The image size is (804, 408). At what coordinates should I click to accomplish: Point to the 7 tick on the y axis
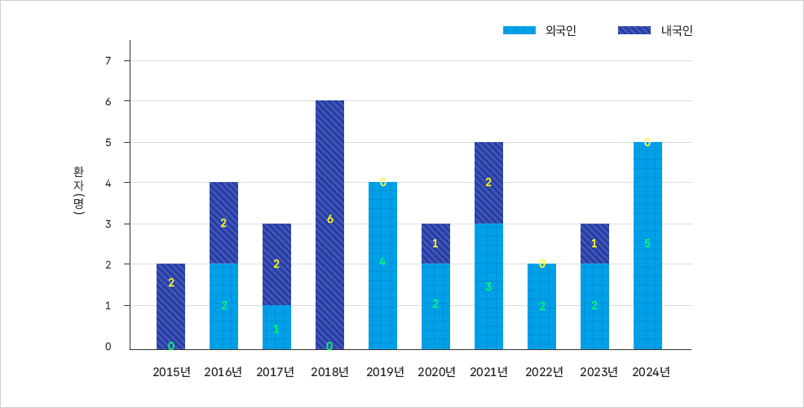[108, 61]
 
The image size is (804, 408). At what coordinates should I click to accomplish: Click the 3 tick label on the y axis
[108, 224]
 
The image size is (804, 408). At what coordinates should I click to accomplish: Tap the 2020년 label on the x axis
[436, 372]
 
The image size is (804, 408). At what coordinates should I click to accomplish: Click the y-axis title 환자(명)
[78, 192]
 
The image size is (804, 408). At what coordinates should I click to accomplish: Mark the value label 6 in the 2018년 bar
[329, 219]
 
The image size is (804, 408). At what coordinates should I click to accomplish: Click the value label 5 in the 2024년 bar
[647, 243]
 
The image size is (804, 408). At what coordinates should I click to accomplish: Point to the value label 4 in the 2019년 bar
[382, 261]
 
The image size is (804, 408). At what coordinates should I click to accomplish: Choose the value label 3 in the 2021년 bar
[488, 286]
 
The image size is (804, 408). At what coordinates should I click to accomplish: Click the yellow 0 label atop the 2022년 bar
[541, 264]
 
